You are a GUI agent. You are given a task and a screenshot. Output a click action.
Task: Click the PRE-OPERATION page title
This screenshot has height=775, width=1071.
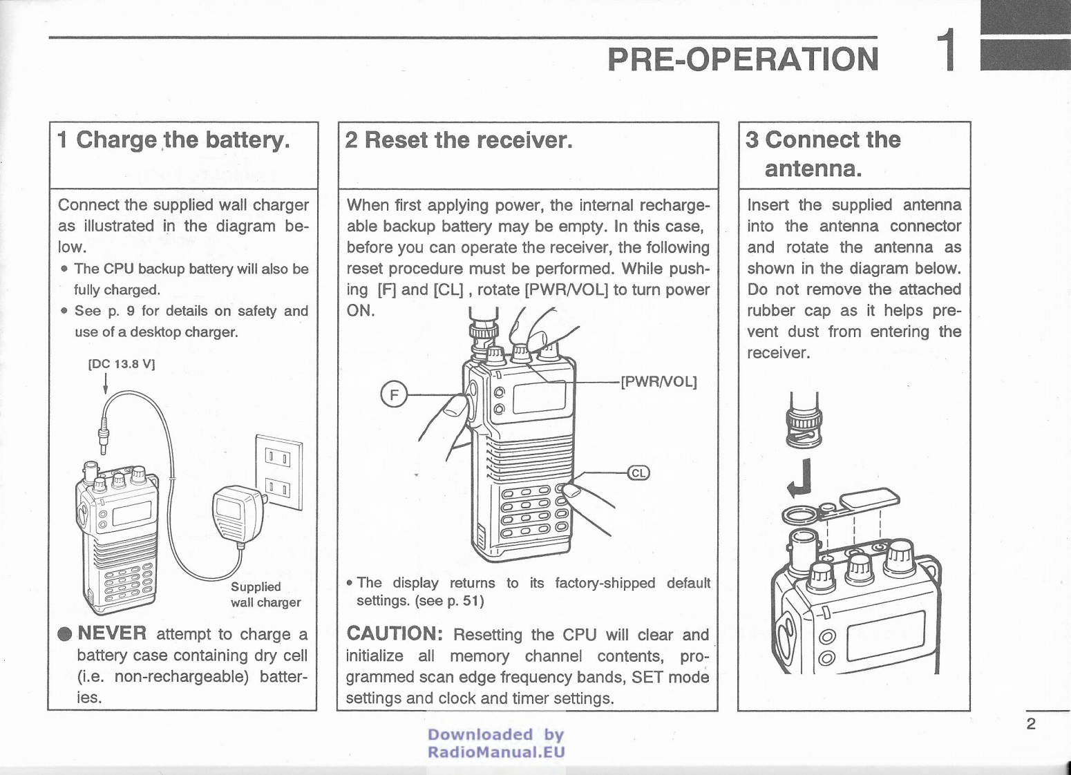pos(743,59)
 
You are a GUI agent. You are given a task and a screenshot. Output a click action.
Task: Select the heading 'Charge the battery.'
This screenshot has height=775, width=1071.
pos(183,140)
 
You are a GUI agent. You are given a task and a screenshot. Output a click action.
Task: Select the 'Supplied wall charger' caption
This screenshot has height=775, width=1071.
pos(265,594)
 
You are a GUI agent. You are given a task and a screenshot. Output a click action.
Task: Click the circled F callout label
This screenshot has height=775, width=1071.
pos(394,395)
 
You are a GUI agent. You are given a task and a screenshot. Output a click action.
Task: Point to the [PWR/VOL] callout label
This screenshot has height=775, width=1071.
pos(658,382)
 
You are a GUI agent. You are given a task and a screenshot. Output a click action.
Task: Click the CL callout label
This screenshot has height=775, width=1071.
pos(638,473)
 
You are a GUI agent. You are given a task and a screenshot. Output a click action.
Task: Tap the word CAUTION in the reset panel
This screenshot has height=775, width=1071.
pos(394,633)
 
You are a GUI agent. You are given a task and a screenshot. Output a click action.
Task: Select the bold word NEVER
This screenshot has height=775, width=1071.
pos(112,633)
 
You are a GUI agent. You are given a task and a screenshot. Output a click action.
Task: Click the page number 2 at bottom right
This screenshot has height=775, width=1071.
pos(1031,724)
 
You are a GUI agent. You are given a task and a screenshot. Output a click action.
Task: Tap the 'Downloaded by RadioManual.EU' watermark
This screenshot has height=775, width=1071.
pos(496,743)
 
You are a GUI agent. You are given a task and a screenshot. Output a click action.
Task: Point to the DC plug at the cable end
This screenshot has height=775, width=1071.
pos(104,434)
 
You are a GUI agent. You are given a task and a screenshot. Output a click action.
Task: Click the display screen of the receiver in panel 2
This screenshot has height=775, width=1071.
pos(539,398)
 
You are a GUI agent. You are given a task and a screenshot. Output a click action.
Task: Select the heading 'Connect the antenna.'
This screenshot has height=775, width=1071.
pos(822,154)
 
